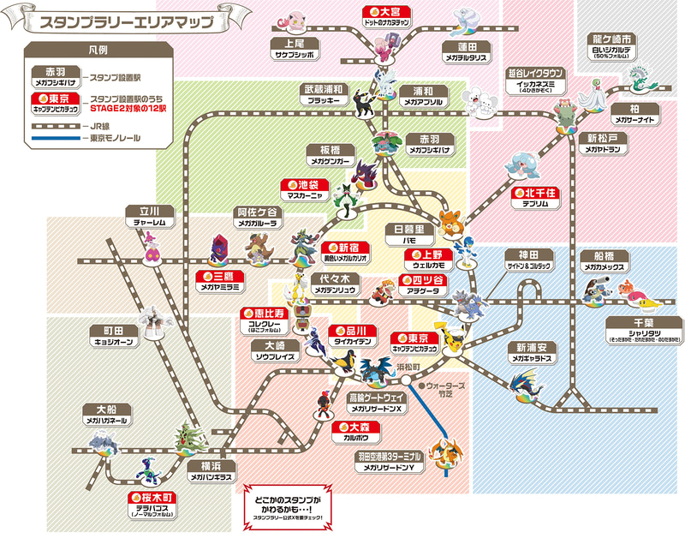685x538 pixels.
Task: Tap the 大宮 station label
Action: click(381, 15)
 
